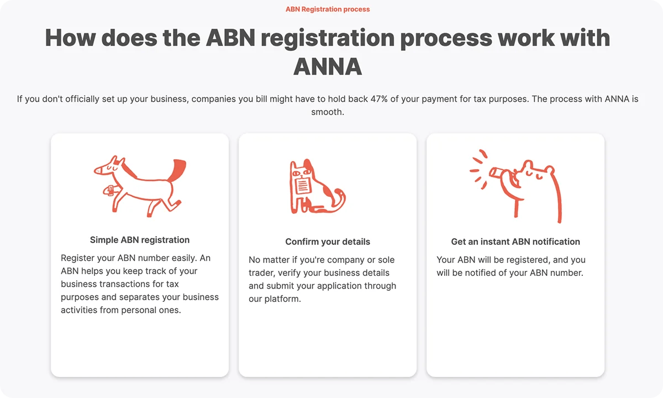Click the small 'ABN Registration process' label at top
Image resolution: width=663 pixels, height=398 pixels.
[x=328, y=9]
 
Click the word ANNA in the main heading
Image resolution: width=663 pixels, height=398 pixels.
[x=328, y=66]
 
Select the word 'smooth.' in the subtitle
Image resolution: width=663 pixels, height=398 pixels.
[x=328, y=112]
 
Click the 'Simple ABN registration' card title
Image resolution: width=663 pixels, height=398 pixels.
[x=140, y=240]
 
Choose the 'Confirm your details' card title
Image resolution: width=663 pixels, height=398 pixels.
[x=328, y=242]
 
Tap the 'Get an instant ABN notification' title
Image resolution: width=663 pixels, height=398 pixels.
[x=515, y=242]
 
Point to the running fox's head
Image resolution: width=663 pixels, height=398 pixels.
[x=106, y=165]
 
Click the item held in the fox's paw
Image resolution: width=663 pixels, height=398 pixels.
[x=110, y=191]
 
